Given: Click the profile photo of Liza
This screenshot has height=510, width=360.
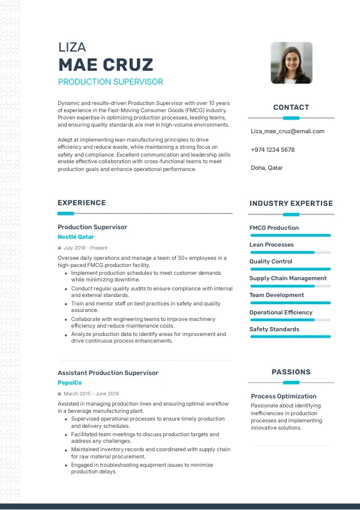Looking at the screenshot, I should [x=291, y=62].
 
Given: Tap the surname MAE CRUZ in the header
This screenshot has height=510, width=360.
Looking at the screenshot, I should [x=106, y=65].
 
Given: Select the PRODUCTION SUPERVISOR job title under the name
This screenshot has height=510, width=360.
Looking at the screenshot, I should [x=110, y=82].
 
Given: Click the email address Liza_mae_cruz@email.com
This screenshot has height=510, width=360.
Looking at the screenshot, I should [x=287, y=131].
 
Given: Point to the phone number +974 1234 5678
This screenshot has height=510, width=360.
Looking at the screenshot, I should [x=272, y=149].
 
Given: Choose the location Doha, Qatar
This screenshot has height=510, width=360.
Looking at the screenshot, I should [x=266, y=168].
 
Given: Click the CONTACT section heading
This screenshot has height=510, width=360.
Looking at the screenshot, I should [x=291, y=107].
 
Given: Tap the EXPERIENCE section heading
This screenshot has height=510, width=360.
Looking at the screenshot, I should [x=82, y=203].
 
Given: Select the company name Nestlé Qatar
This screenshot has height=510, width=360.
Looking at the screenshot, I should [x=76, y=237].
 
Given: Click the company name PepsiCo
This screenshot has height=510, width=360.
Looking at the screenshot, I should [x=70, y=383].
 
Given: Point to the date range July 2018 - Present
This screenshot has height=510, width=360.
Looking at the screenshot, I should [x=85, y=248].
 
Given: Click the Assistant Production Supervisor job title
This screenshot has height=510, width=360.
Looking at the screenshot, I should [x=108, y=373].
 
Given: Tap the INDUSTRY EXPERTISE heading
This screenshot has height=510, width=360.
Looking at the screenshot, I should [x=291, y=203].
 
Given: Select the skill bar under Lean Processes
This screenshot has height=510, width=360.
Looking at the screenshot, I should [x=290, y=253].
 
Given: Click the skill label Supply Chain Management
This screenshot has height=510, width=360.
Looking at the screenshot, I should [x=288, y=278].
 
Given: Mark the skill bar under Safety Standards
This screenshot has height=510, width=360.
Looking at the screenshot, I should [x=290, y=337].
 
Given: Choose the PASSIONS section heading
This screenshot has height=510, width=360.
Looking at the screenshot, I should [x=291, y=372].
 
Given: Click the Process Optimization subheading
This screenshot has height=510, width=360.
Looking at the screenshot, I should [x=284, y=396].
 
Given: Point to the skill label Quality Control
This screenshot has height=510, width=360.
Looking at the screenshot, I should [x=271, y=262].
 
